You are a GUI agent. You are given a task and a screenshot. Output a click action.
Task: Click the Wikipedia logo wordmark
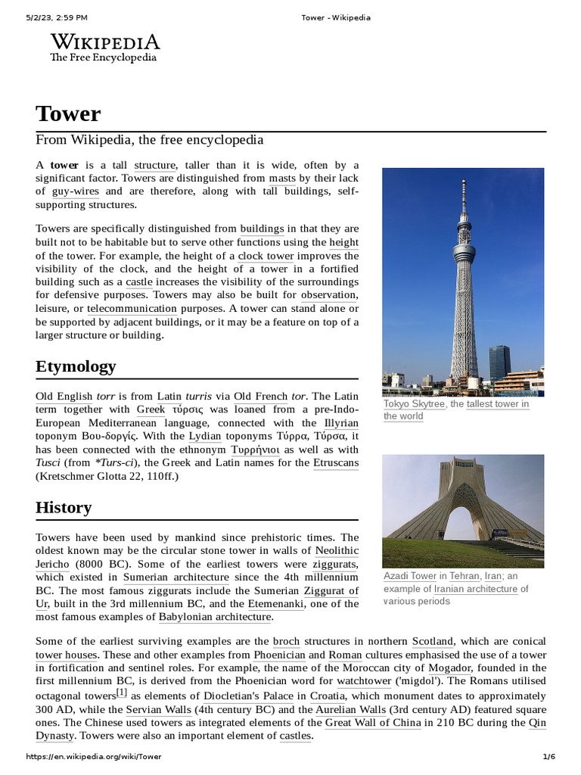point(104,42)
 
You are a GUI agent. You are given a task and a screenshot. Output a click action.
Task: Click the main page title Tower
point(68,114)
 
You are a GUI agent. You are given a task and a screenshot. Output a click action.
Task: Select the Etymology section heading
point(76,366)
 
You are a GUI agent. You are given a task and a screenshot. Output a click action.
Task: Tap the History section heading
point(64,507)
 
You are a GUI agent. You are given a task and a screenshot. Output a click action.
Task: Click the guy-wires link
point(75,191)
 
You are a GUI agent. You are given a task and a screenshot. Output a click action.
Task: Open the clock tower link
point(266,256)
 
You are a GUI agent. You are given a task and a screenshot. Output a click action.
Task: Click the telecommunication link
point(132,309)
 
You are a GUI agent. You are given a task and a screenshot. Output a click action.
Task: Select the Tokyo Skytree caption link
point(415,404)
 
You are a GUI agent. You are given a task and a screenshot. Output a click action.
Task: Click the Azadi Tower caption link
point(409,575)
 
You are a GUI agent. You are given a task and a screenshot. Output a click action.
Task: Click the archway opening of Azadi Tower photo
point(464,522)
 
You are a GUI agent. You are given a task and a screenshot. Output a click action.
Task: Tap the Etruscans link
point(336,462)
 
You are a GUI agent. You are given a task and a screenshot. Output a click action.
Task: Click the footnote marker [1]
point(122,692)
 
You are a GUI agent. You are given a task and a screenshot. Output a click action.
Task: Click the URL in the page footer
point(94,757)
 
